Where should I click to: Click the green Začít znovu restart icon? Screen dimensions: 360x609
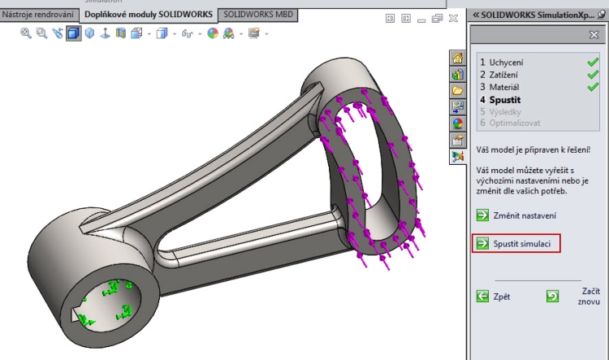pyautogui.click(x=552, y=297)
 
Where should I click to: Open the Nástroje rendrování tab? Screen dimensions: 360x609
pyautogui.click(x=39, y=15)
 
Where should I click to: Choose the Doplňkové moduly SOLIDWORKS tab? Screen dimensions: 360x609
pyautogui.click(x=149, y=15)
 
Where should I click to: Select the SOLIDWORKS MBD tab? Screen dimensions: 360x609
pyautogui.click(x=260, y=15)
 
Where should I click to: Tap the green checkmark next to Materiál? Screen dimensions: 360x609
pyautogui.click(x=592, y=86)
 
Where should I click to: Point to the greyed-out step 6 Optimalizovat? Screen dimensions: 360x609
pyautogui.click(x=510, y=123)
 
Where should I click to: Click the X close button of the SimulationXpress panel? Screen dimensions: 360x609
pyautogui.click(x=594, y=35)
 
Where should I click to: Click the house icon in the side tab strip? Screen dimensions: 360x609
pyautogui.click(x=458, y=58)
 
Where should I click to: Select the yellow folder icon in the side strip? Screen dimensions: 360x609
pyautogui.click(x=458, y=90)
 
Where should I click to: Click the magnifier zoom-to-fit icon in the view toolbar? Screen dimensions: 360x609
pyautogui.click(x=26, y=33)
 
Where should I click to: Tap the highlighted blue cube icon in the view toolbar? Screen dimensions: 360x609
pyautogui.click(x=74, y=33)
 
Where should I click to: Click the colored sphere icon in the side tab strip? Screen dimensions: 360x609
pyautogui.click(x=458, y=124)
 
